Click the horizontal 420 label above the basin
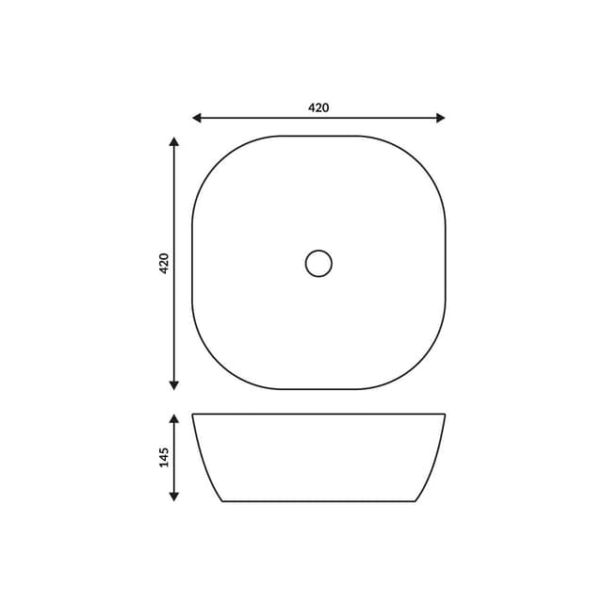[318, 107]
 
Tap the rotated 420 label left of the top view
[163, 263]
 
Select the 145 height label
[163, 457]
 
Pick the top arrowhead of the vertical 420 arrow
[173, 141]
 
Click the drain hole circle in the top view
[318, 263]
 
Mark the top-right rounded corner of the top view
[423, 157]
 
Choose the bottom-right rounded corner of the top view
[423, 368]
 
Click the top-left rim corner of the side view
[193, 415]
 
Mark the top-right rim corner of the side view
[445, 415]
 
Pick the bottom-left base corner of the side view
[222, 501]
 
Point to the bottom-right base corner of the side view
[416, 501]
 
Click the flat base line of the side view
[318, 501]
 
